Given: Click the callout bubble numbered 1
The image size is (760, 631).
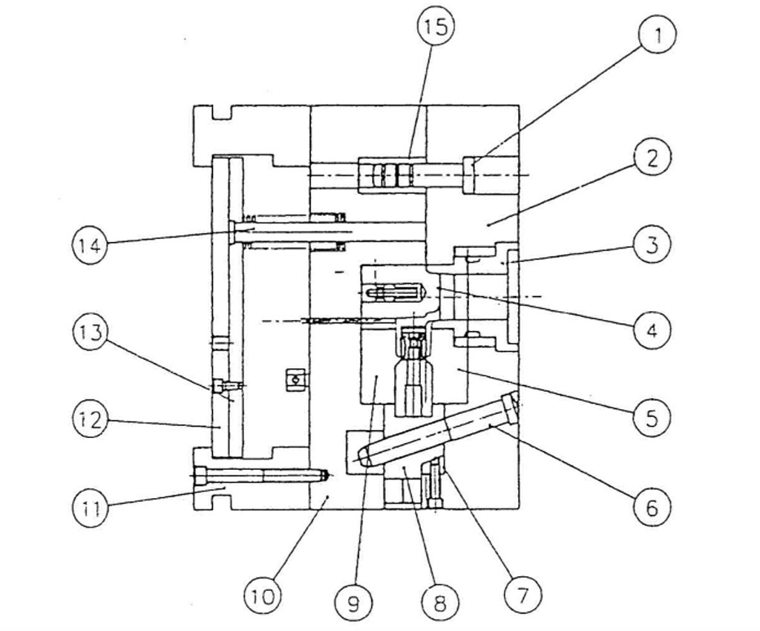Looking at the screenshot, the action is click(657, 34).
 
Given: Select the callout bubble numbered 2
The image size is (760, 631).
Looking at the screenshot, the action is click(653, 157).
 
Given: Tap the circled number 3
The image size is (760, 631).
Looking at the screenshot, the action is click(652, 244).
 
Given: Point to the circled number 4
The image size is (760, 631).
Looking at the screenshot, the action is click(652, 330).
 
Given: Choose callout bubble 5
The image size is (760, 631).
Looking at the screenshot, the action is click(652, 416).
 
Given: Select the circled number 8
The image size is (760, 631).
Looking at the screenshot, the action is click(439, 603).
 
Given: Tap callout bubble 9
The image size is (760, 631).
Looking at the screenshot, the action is click(354, 603).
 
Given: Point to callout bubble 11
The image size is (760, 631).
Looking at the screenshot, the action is click(91, 508).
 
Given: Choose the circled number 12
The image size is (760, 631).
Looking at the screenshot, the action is click(91, 419).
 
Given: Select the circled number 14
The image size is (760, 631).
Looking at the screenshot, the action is click(91, 245).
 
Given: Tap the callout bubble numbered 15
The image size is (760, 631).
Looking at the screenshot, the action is click(436, 27).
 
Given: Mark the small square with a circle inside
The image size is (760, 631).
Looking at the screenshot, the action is click(294, 379).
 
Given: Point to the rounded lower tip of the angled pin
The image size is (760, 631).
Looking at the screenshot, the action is click(362, 457).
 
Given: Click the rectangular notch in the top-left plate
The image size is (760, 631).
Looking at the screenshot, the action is click(222, 112).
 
